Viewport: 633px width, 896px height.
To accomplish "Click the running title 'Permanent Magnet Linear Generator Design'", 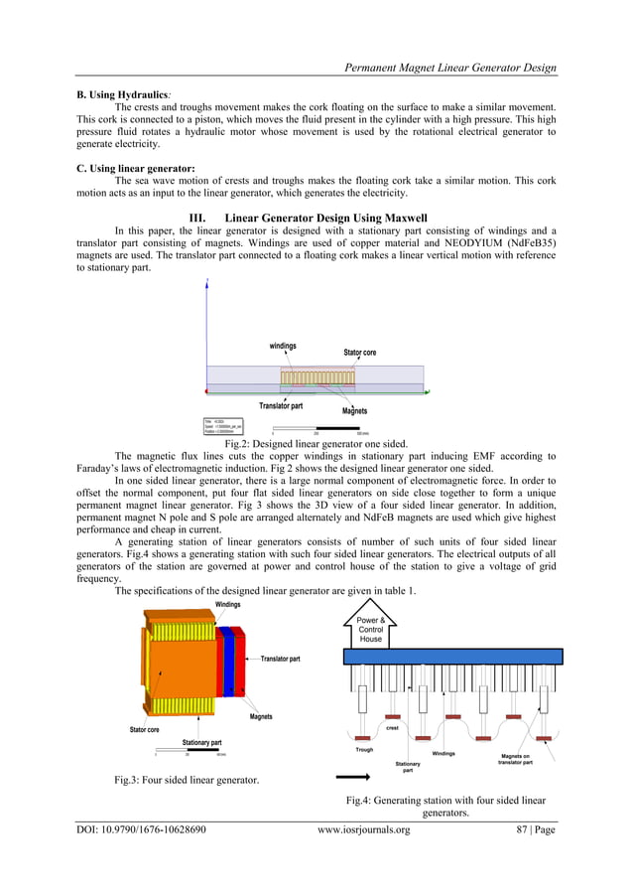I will point(449,68).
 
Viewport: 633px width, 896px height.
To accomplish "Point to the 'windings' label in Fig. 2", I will point(283,346).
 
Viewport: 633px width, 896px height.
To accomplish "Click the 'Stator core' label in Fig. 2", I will point(359,353).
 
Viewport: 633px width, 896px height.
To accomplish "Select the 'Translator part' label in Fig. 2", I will point(281,405).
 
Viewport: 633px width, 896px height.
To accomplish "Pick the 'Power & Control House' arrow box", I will point(370,629).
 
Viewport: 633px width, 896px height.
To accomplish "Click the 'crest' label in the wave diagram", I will point(393,728).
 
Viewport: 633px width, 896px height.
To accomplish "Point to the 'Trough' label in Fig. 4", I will point(364,749).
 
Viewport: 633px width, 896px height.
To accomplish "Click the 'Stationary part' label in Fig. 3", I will point(201,742).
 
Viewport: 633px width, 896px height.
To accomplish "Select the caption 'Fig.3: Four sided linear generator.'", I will point(188,779).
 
